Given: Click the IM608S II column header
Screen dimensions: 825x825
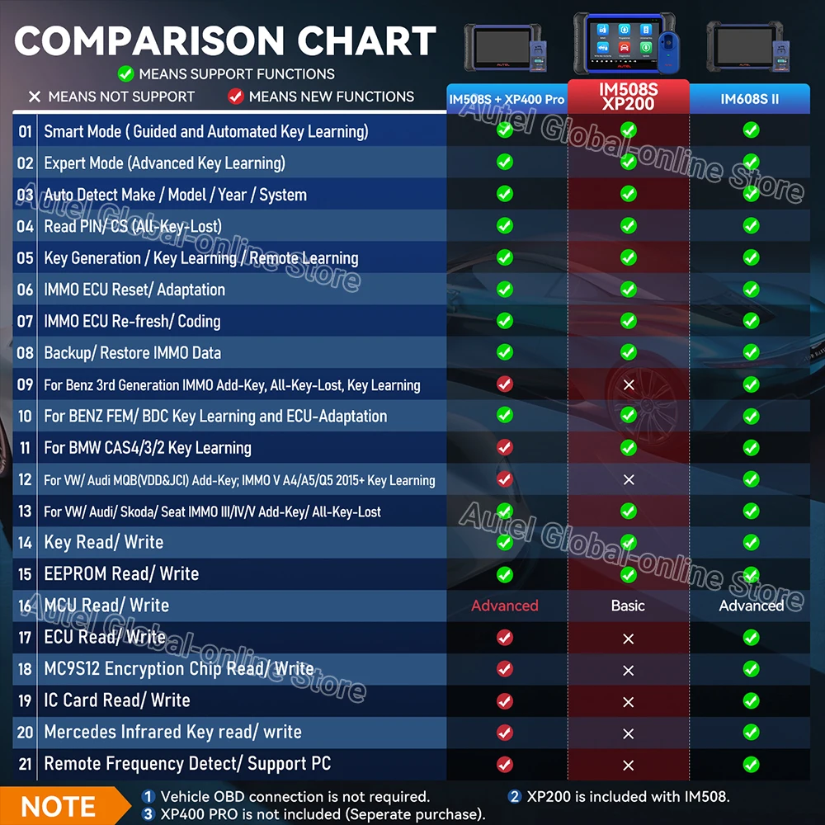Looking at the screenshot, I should coord(750,99).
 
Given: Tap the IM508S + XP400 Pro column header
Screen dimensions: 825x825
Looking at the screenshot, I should coord(507,99).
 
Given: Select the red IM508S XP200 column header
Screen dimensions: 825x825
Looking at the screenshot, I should coord(628,97).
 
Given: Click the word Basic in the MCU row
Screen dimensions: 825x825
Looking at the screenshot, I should coord(628,606).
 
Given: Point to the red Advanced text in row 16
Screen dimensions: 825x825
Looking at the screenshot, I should coord(505,606).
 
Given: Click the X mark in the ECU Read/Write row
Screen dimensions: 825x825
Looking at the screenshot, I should coord(629,638).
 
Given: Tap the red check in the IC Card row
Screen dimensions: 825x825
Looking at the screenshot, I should coord(505,701).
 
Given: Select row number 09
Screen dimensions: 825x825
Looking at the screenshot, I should coord(26,384).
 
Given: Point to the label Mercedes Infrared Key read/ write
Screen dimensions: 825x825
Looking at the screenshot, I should coord(172,732).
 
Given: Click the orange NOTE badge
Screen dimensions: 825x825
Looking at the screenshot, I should coord(58,806).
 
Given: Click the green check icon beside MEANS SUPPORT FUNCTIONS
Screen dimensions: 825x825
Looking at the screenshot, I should coord(125,74).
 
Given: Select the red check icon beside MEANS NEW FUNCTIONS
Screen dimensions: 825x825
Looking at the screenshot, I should coord(236,97).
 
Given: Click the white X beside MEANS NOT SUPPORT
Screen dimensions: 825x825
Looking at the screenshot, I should coord(34,97).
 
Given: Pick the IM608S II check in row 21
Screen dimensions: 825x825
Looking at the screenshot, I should coord(751,764).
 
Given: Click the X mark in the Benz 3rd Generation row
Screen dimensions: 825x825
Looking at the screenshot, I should coord(629,385).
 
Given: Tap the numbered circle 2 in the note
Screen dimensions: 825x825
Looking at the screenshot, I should coord(514,796).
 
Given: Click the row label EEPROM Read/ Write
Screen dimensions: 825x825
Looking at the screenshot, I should coord(121,574).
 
